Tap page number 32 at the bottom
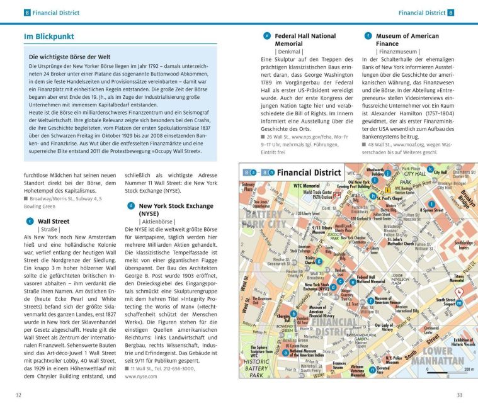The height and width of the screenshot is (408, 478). tap(19, 395)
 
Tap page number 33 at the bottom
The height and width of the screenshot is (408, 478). tap(459, 395)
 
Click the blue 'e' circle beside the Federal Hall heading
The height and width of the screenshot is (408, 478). tap(267, 37)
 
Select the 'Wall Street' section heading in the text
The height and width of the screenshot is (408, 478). tap(54, 222)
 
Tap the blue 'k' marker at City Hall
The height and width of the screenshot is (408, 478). tap(430, 170)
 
